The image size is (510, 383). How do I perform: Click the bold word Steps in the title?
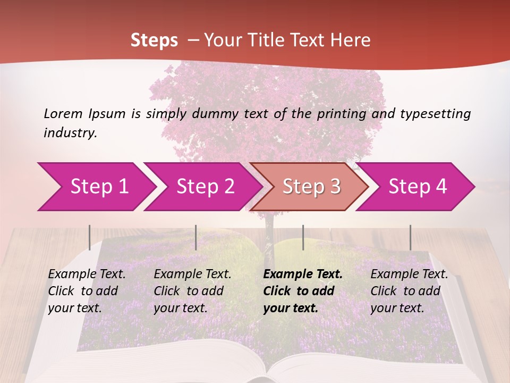pyautogui.click(x=154, y=40)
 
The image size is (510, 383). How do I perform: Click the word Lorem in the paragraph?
pyautogui.click(x=63, y=113)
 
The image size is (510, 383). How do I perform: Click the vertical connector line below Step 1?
pyautogui.click(x=90, y=237)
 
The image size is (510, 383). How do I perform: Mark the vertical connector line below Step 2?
pyautogui.click(x=196, y=237)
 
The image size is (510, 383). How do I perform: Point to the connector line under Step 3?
pyautogui.click(x=303, y=237)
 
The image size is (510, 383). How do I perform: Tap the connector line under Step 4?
pyautogui.click(x=410, y=237)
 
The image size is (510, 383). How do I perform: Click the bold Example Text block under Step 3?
pyautogui.click(x=303, y=291)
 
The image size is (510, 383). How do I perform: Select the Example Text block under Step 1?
pyautogui.click(x=87, y=291)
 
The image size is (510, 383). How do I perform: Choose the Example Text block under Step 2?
pyautogui.click(x=192, y=291)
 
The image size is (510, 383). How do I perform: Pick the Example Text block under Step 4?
pyautogui.click(x=409, y=291)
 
